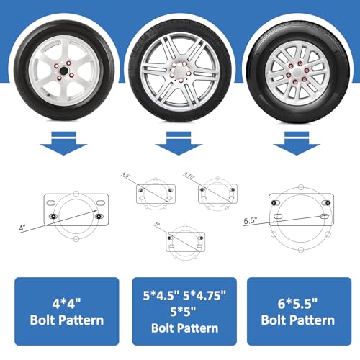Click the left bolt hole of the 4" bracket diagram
53,215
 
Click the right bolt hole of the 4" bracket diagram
98,215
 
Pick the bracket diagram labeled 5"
185,241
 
